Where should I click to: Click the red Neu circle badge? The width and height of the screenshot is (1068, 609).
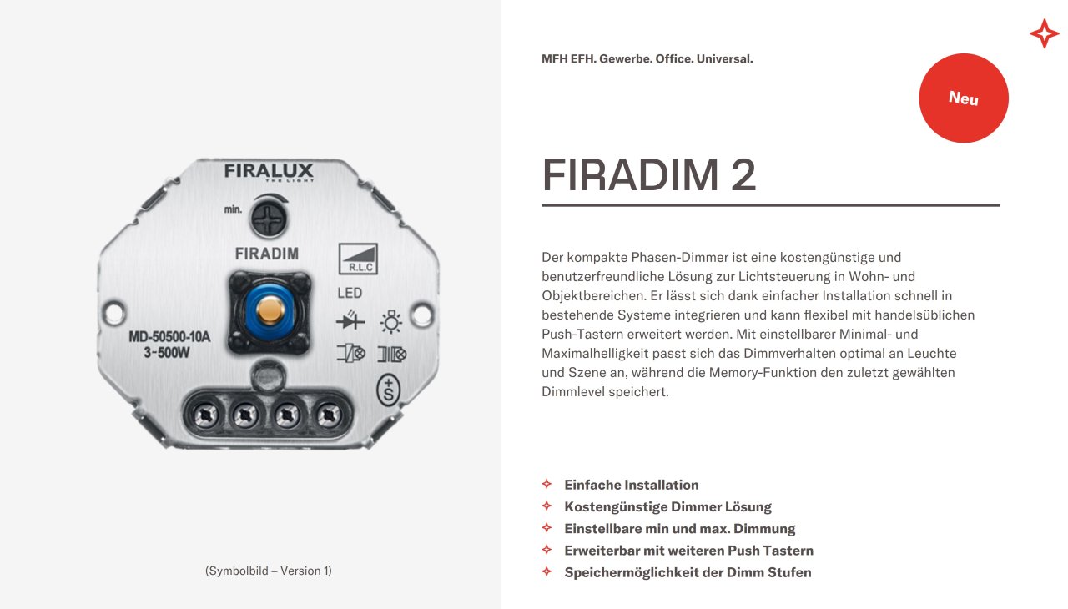964,98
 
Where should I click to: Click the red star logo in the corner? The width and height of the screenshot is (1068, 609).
1044,33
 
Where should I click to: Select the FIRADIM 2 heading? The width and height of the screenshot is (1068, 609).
649,175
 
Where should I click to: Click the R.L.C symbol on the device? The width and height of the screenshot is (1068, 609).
358,259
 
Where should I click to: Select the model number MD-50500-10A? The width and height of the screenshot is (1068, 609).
169,337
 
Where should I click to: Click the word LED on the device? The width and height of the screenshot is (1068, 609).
350,293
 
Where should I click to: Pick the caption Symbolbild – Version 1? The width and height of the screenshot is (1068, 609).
268,571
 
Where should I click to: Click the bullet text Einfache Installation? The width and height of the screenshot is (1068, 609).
632,485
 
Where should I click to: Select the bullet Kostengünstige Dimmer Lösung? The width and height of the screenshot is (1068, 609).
667,506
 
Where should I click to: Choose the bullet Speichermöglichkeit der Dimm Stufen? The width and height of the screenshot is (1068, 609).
688,572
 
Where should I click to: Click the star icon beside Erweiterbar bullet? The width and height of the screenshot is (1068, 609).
547,550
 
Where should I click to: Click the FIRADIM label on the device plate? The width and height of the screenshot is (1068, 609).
267,254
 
